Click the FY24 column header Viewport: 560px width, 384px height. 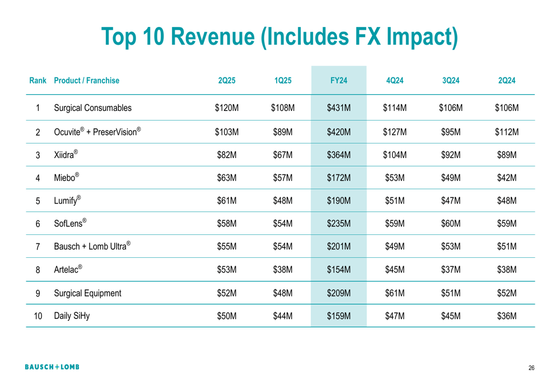(338, 81)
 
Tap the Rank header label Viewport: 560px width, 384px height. (37, 81)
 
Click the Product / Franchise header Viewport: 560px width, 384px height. (87, 81)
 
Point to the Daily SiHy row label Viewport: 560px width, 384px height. (72, 316)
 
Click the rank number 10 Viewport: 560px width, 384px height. (38, 316)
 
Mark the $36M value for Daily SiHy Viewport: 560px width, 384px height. (506, 316)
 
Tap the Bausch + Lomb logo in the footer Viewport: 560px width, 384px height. (52, 367)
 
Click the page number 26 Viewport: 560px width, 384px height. (531, 368)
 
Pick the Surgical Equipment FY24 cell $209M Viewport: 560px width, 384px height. (338, 292)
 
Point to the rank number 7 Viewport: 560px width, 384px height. (38, 246)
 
